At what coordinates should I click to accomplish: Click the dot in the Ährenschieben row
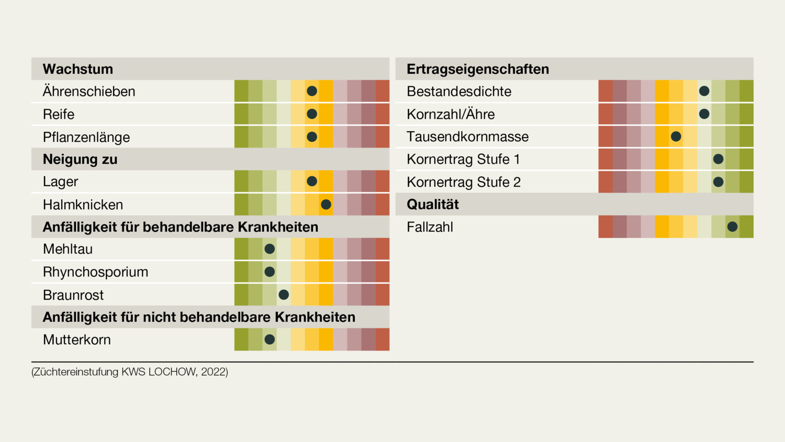312,91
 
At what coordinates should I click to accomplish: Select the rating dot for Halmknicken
326,205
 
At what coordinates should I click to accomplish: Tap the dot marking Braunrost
284,294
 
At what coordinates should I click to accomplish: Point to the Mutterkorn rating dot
270,339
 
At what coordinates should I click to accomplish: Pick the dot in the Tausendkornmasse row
676,137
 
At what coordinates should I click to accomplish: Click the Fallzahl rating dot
732,226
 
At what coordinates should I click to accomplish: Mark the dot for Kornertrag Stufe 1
718,159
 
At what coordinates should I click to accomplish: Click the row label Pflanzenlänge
86,137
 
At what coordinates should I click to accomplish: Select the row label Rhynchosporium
95,272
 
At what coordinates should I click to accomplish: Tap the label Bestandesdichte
458,92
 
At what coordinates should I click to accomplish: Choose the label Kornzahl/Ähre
450,114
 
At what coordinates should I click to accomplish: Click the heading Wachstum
78,69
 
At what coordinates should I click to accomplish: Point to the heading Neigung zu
80,159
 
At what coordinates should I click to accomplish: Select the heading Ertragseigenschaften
478,69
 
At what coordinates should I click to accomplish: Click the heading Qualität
432,205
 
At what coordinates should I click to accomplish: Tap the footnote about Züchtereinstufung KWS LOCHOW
130,372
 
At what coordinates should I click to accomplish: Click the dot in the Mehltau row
270,249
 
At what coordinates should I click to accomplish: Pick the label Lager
60,182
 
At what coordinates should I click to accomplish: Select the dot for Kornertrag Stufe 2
718,182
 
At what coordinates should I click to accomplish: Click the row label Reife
59,114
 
